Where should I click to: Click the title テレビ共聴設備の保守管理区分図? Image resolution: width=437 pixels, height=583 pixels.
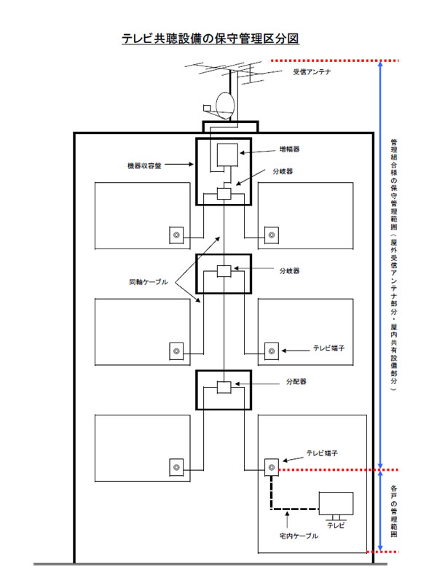click(210, 39)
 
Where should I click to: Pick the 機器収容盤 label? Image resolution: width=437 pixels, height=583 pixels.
click(143, 165)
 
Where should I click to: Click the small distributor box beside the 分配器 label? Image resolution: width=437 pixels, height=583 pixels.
click(224, 386)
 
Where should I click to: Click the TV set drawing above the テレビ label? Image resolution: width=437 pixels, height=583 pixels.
click(336, 504)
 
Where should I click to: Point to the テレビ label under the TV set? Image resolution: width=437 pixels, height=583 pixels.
click(336, 525)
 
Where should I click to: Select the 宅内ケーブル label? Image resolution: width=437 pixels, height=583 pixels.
click(299, 536)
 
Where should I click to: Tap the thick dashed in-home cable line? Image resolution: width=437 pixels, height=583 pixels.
click(271, 496)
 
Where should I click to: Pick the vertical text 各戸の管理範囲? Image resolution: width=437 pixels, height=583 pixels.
click(393, 511)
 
